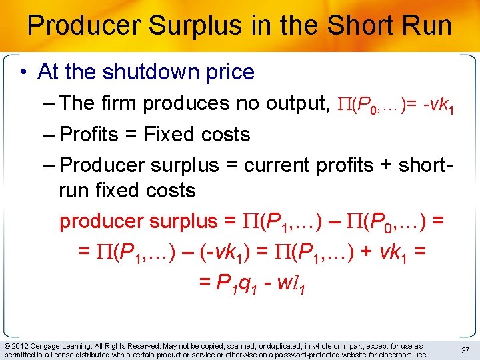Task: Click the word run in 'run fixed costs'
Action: [73, 191]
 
